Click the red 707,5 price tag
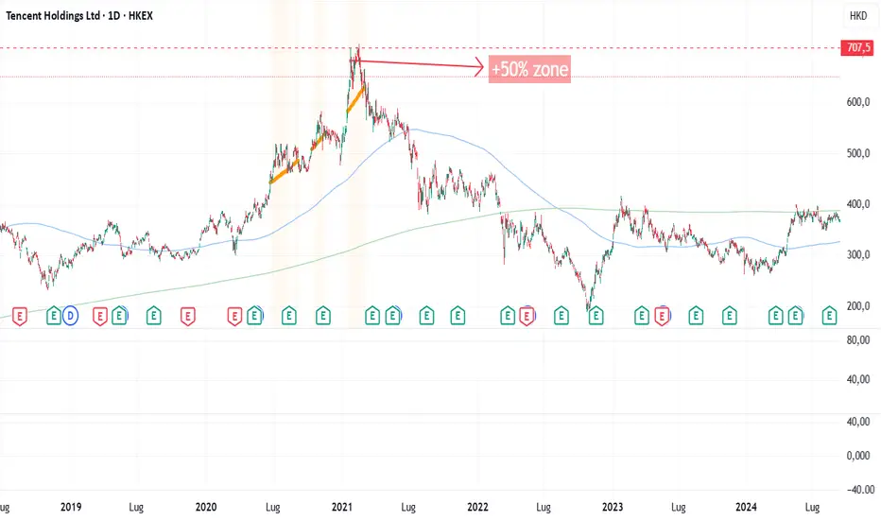tap(856, 48)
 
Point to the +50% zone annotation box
tap(530, 68)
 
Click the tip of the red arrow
tap(485, 66)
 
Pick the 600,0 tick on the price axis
tap(856, 103)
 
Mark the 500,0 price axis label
tap(856, 154)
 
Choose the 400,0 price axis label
tap(856, 205)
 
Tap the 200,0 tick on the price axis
tap(856, 307)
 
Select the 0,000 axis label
tap(856, 455)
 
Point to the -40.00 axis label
tap(856, 490)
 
